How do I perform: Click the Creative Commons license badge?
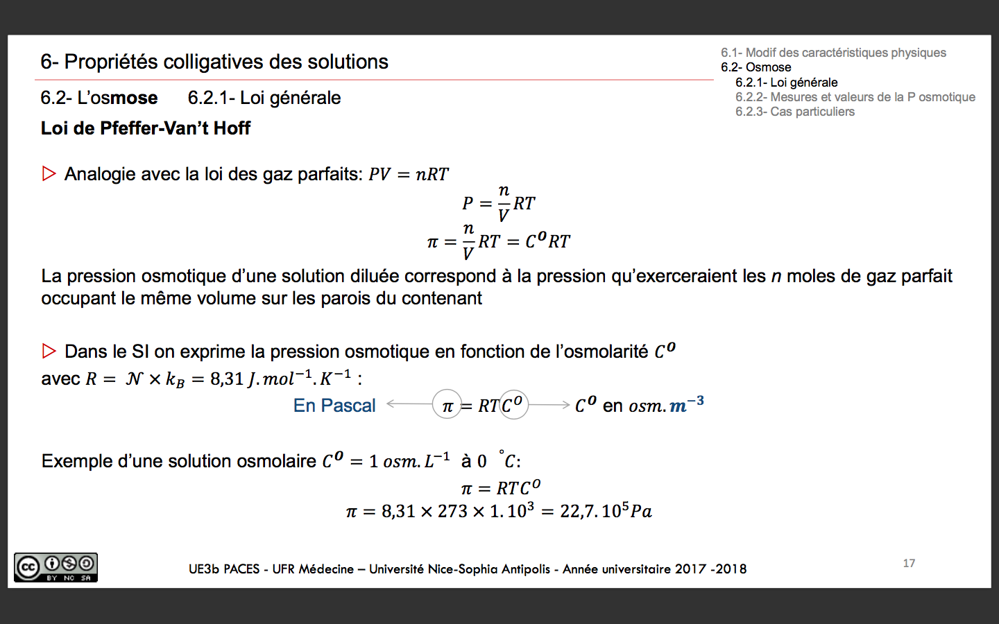tap(55, 567)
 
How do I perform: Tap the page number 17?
tap(909, 563)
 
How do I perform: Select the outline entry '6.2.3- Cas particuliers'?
tap(795, 112)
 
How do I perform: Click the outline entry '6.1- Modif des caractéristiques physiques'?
tap(833, 53)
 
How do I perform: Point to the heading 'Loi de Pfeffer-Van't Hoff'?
tap(146, 128)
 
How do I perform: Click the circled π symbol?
tap(447, 406)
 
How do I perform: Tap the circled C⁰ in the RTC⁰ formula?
tap(513, 404)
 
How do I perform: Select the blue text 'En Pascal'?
tap(334, 406)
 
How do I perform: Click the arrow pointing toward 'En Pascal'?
tap(409, 404)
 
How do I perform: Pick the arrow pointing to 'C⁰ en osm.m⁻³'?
tap(549, 404)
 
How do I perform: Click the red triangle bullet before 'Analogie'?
tap(49, 173)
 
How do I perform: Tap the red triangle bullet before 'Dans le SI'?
tap(49, 351)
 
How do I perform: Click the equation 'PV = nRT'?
tap(409, 174)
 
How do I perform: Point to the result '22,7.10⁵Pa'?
tap(606, 512)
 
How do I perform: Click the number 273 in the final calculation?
tap(452, 512)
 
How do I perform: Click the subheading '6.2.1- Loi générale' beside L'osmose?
tap(264, 98)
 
